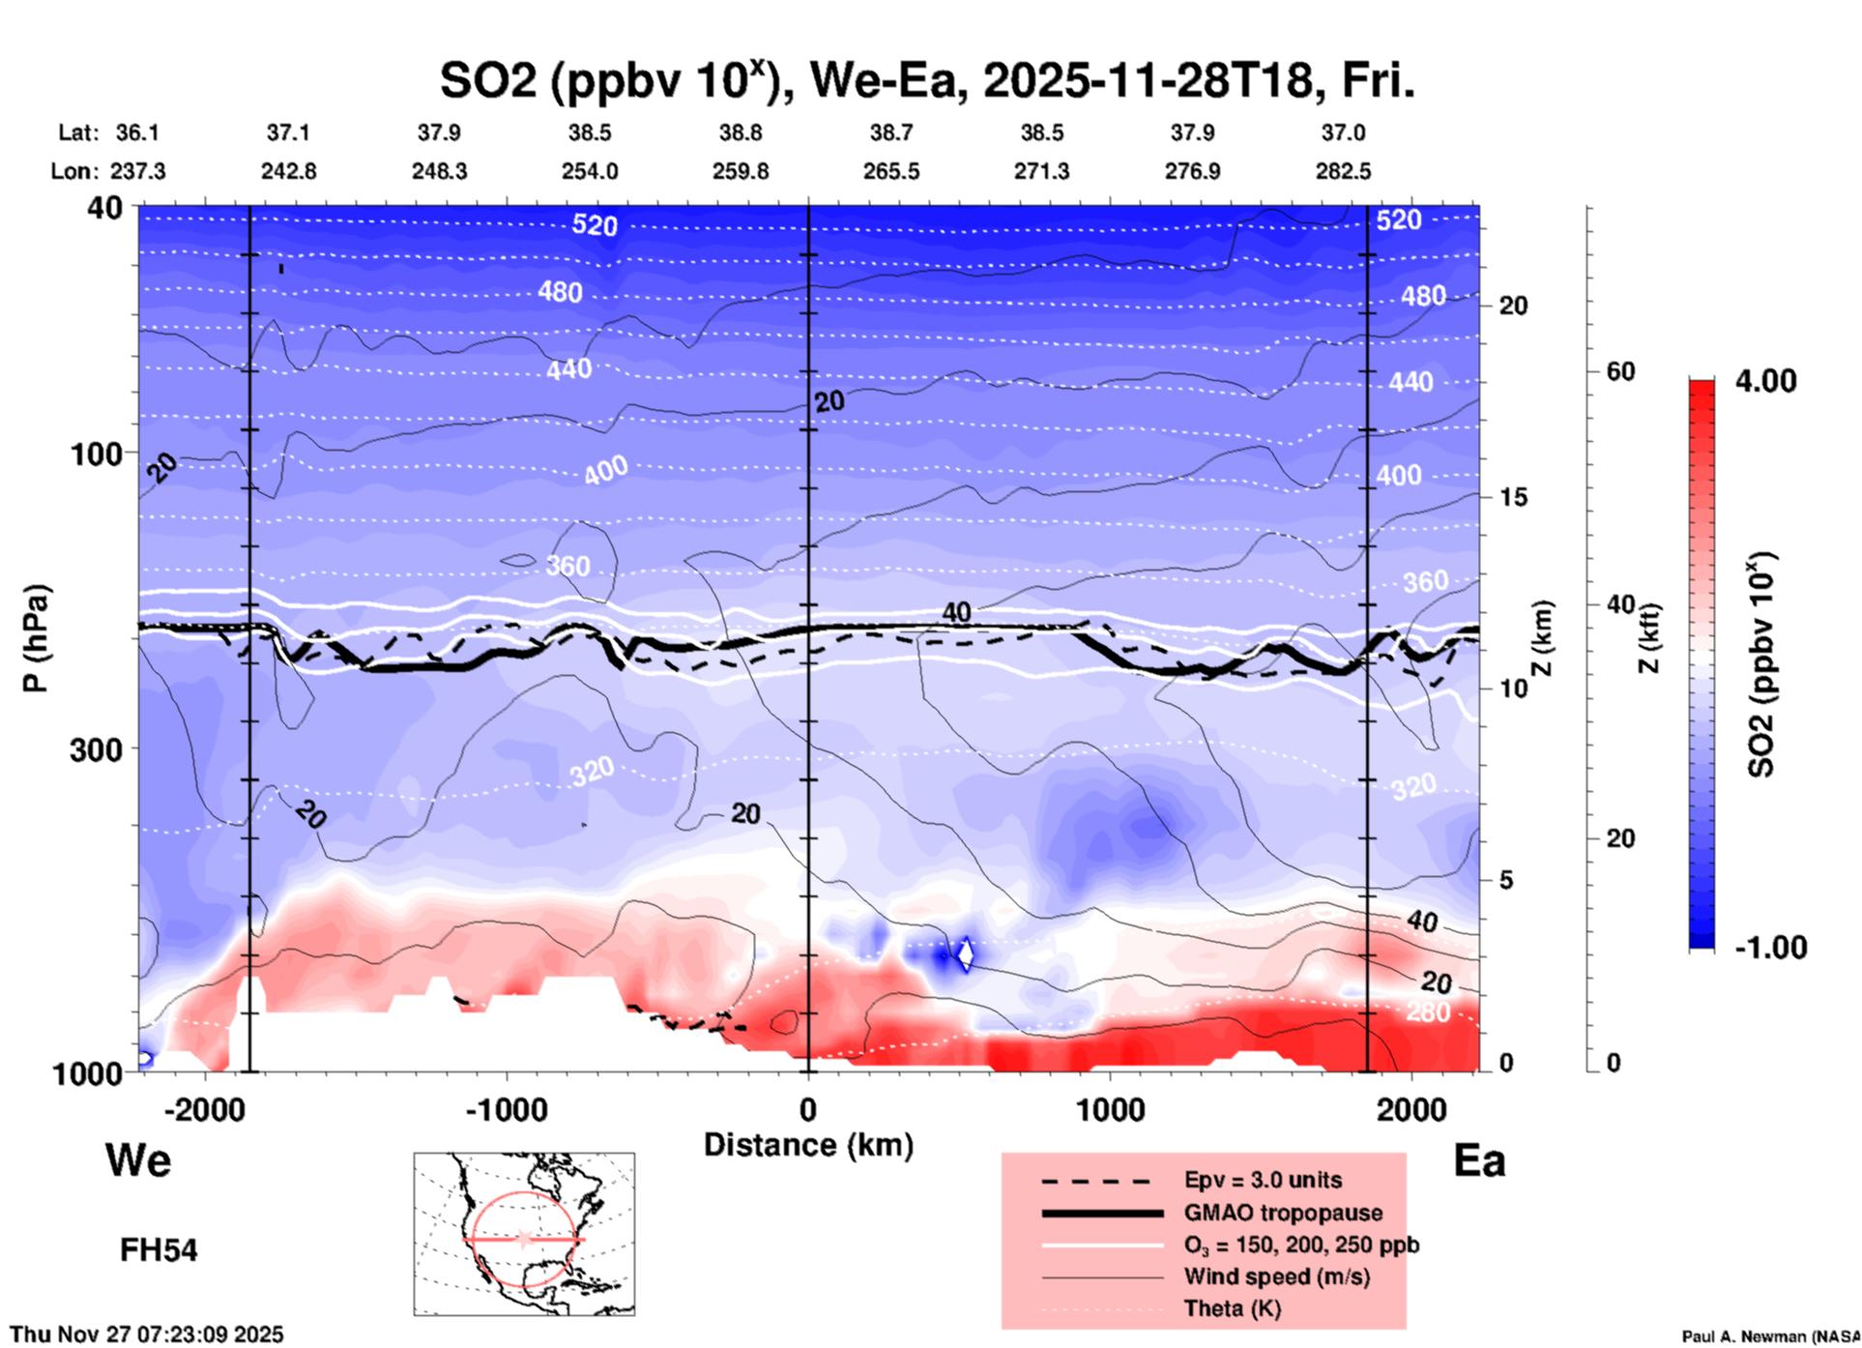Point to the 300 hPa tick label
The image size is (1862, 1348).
coord(96,748)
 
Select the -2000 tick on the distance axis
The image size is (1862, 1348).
coord(204,1109)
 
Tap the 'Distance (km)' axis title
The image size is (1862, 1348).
coord(808,1145)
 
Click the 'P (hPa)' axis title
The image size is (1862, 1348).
coord(36,638)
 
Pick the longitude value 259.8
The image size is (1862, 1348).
coord(742,171)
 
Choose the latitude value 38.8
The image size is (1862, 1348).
coord(741,132)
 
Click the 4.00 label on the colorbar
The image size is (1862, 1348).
coord(1765,381)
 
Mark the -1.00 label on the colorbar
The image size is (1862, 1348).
coord(1770,947)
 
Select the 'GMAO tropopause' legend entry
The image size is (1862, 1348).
coord(1283,1213)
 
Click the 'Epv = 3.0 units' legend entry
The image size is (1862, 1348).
coord(1263,1180)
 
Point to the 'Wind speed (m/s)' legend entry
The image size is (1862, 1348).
coord(1276,1276)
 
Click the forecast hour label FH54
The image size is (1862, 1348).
coord(159,1250)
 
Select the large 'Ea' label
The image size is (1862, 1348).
coord(1479,1161)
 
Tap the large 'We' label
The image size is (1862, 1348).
coord(138,1159)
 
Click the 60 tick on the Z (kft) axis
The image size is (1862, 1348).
coord(1620,371)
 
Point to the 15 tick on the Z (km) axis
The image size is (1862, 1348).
coord(1513,497)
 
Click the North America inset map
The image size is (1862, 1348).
coord(524,1233)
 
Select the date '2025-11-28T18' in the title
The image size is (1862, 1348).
coord(1149,81)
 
